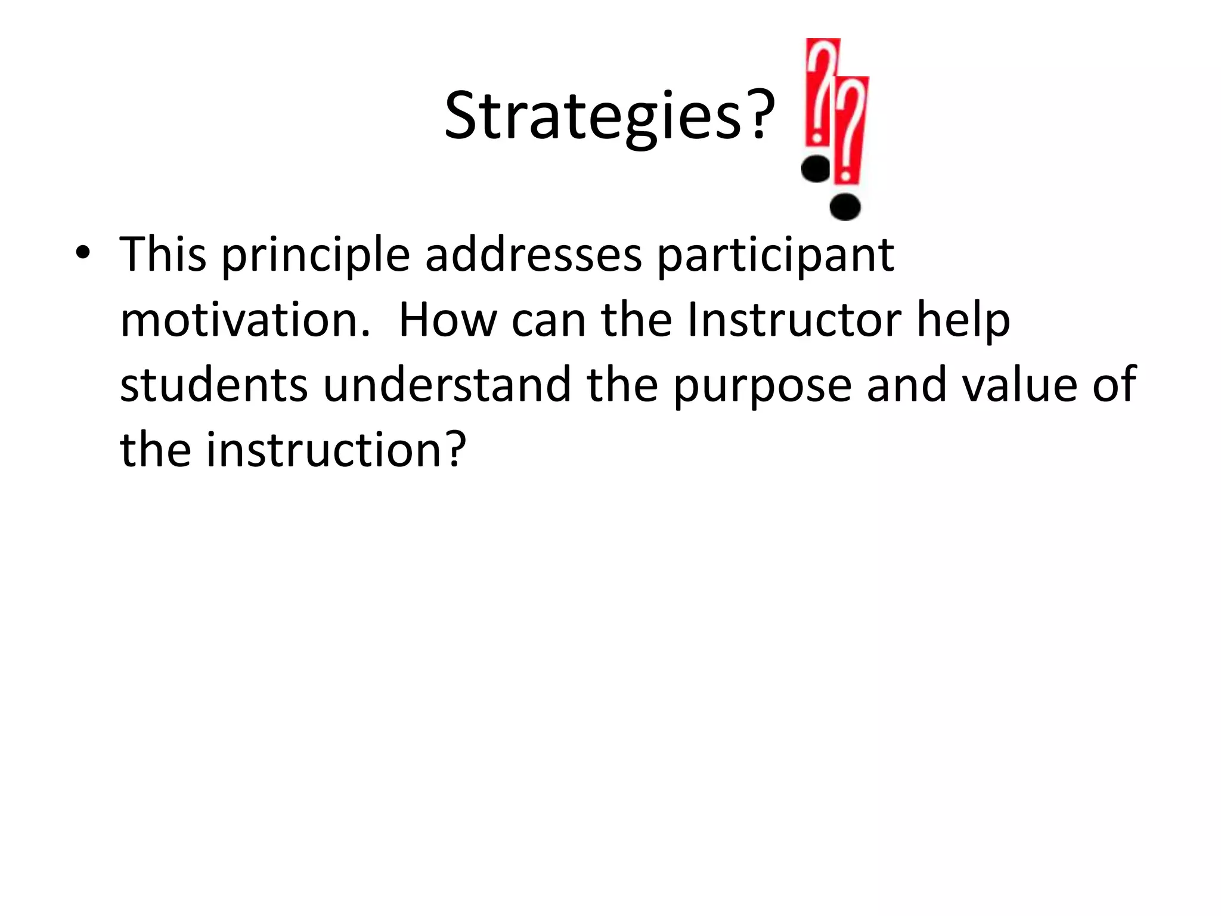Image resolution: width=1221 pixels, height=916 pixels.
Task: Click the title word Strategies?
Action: [609, 116]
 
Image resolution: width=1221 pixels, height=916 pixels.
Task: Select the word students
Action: [213, 385]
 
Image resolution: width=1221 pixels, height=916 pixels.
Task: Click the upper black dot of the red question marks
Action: [816, 169]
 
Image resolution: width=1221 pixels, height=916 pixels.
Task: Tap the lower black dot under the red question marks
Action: [845, 207]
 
